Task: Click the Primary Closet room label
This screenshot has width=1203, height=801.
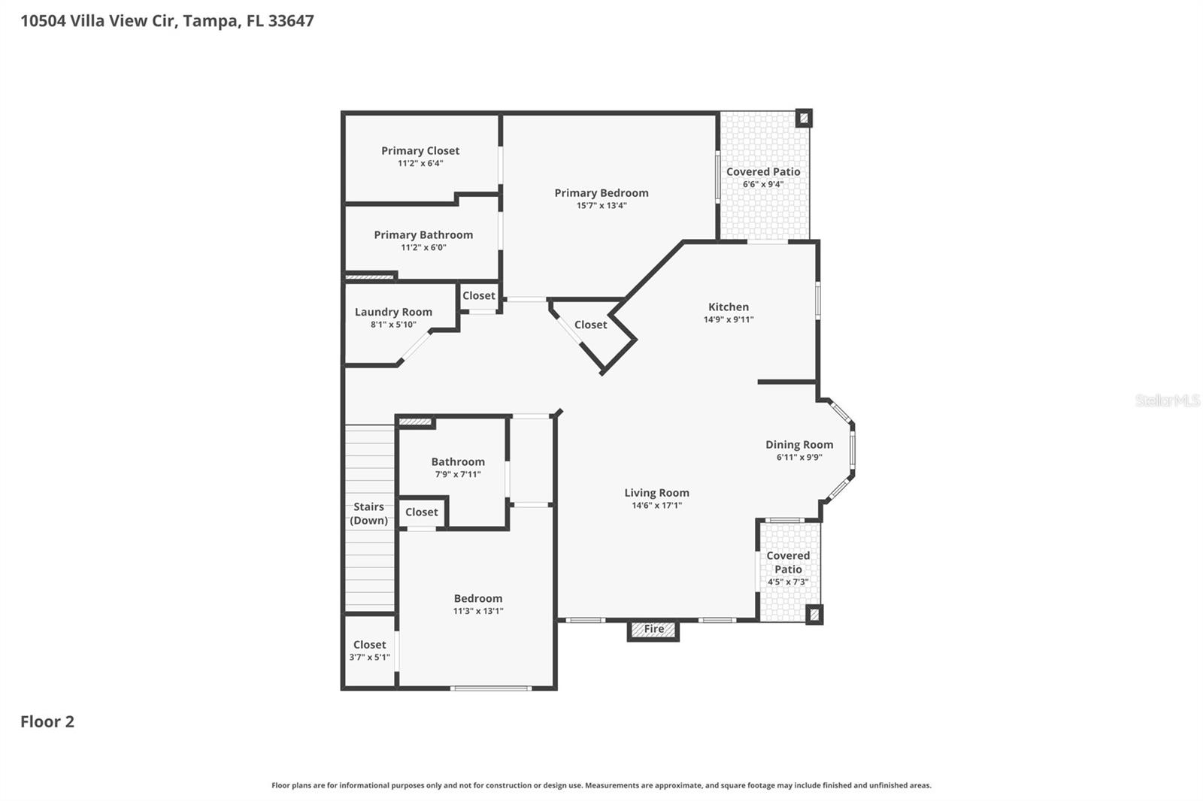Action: [x=420, y=150]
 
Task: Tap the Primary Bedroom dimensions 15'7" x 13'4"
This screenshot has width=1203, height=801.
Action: [x=601, y=205]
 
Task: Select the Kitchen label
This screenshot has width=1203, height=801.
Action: [x=729, y=307]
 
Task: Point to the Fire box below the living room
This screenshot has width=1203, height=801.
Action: [x=653, y=630]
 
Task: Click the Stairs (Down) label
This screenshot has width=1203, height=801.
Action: [x=369, y=513]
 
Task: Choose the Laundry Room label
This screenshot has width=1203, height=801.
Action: [x=393, y=312]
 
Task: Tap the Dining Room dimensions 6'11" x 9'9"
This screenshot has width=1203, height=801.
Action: [x=799, y=457]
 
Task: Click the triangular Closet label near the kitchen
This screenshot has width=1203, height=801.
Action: [x=590, y=325]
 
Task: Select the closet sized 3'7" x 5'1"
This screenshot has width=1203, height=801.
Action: [x=369, y=650]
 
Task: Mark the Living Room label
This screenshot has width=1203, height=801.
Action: [x=656, y=493]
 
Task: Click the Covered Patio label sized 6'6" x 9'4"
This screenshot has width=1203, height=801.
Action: [x=763, y=172]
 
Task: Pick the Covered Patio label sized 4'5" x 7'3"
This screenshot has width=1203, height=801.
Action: [x=788, y=562]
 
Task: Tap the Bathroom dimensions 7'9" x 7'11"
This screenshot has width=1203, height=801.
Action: [x=458, y=474]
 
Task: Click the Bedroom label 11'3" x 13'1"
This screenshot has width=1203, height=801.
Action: [x=478, y=599]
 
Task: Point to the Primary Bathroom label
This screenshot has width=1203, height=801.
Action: [x=423, y=234]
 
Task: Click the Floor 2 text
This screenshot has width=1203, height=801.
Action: [x=47, y=721]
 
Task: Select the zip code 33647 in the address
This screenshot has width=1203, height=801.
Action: [x=291, y=20]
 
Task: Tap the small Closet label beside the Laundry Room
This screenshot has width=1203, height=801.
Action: [x=479, y=295]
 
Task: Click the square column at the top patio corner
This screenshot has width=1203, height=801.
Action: [x=804, y=118]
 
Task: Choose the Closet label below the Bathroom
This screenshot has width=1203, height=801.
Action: [x=421, y=512]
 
